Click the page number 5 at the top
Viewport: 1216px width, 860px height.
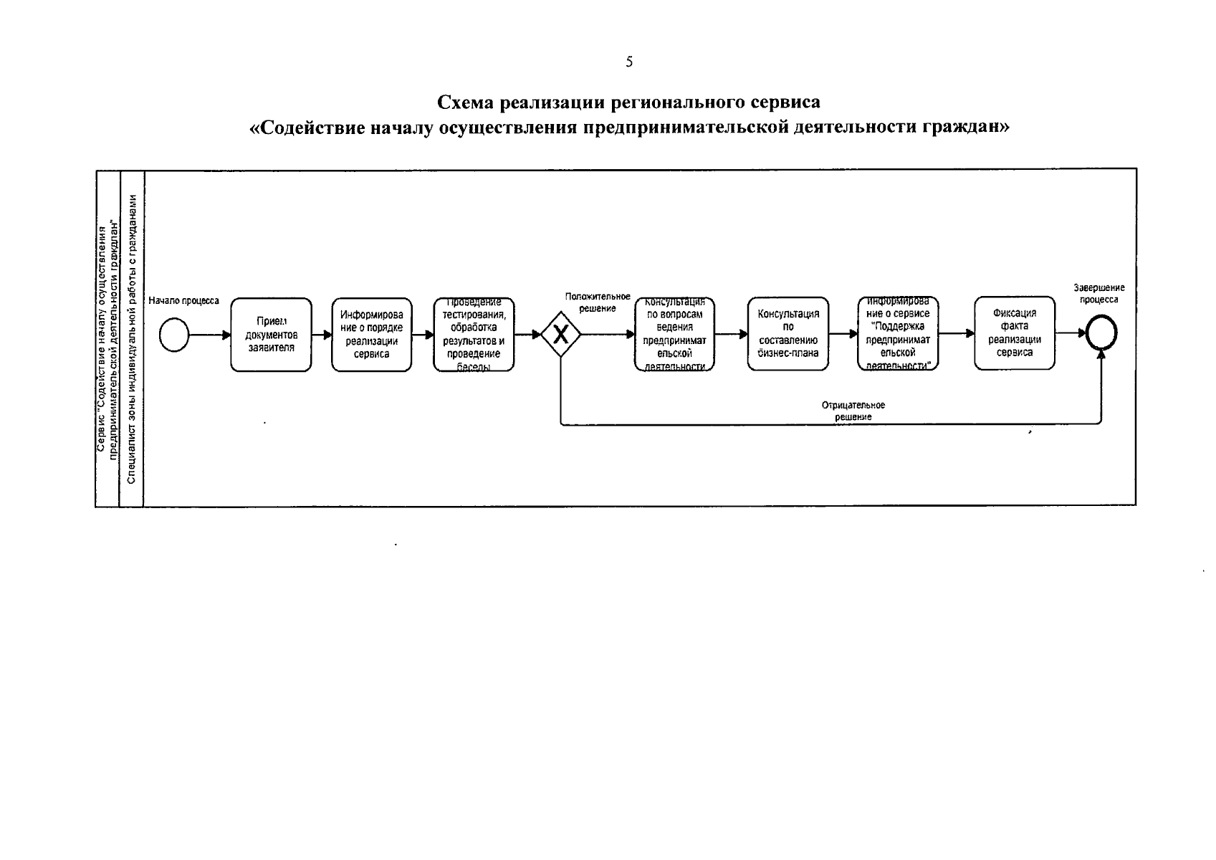[x=629, y=62]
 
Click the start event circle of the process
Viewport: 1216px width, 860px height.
[x=174, y=335]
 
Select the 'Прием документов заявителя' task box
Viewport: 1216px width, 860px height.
[x=271, y=335]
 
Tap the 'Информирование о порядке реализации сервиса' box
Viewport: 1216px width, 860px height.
[x=371, y=335]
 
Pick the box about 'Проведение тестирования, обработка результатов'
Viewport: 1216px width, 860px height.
[x=473, y=335]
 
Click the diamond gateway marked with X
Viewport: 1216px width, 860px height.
[x=560, y=335]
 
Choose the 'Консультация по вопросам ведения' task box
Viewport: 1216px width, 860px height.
[x=674, y=335]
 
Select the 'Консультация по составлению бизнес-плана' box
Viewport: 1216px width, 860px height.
[x=787, y=335]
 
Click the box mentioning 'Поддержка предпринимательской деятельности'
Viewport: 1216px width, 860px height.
[x=898, y=335]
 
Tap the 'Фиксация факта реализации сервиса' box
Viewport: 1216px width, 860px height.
[x=1014, y=333]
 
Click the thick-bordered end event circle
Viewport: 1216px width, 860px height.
[x=1101, y=334]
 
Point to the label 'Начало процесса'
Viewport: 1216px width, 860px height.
[x=183, y=301]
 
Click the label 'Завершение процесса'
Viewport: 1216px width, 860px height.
[x=1098, y=293]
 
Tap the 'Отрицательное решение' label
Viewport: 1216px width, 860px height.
[x=853, y=411]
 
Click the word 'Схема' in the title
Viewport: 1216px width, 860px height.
[x=466, y=102]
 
